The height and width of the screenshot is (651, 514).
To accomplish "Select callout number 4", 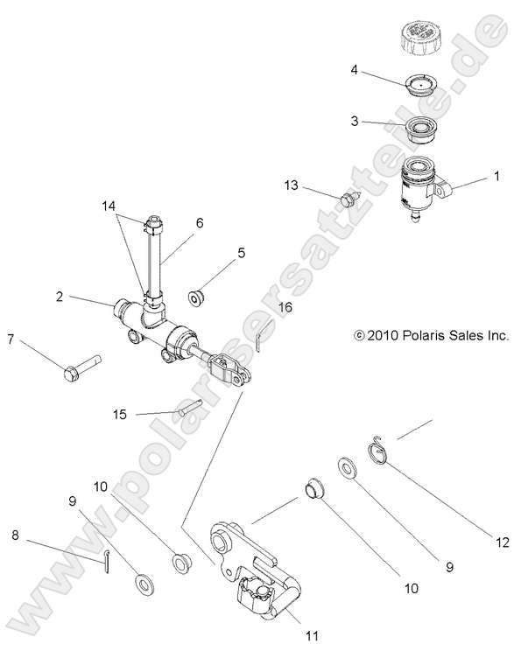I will pos(355,69).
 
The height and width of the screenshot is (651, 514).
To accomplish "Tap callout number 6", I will pos(200,223).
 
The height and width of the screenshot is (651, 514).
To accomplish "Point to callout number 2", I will pos(59,297).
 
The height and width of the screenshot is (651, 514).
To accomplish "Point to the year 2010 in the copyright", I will pos(382,334).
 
